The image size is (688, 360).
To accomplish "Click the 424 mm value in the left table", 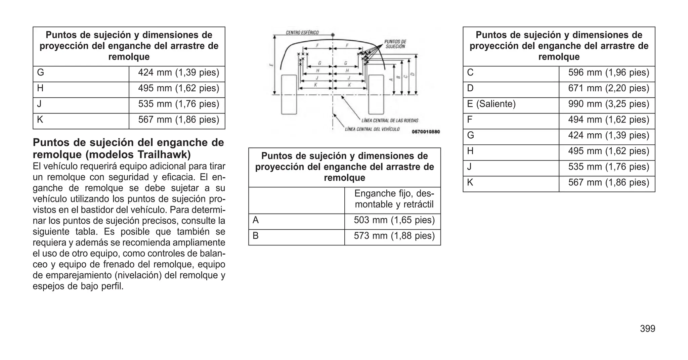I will tap(178, 73).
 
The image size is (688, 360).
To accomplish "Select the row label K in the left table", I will tap(40, 120).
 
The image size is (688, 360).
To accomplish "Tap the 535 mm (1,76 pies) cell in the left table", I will tap(178, 104).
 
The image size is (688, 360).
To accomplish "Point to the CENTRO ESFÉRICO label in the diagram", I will tap(302, 33).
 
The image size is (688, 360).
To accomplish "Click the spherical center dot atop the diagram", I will tap(333, 35).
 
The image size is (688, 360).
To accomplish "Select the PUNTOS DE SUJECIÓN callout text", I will tap(395, 44).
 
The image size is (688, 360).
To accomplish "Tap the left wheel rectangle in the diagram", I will tap(289, 95).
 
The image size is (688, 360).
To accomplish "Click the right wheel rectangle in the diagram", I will tap(376, 95).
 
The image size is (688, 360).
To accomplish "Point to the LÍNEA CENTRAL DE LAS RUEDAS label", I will tap(390, 121).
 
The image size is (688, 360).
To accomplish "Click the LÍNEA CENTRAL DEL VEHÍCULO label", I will tap(372, 129).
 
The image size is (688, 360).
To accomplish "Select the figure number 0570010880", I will tap(426, 132).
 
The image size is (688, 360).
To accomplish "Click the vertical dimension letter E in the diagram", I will tap(271, 65).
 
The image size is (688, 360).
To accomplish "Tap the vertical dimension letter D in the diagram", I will tap(413, 74).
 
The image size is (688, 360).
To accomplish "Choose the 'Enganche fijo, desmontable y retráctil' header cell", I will tap(394, 199).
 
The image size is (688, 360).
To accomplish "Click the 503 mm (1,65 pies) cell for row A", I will tap(394, 220).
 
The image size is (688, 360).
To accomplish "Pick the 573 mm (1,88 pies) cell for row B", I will tap(394, 236).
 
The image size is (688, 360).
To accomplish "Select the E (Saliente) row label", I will tap(491, 104).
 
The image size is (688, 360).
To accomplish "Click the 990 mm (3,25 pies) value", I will tap(608, 104).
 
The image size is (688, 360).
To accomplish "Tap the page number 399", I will tap(647, 329).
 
